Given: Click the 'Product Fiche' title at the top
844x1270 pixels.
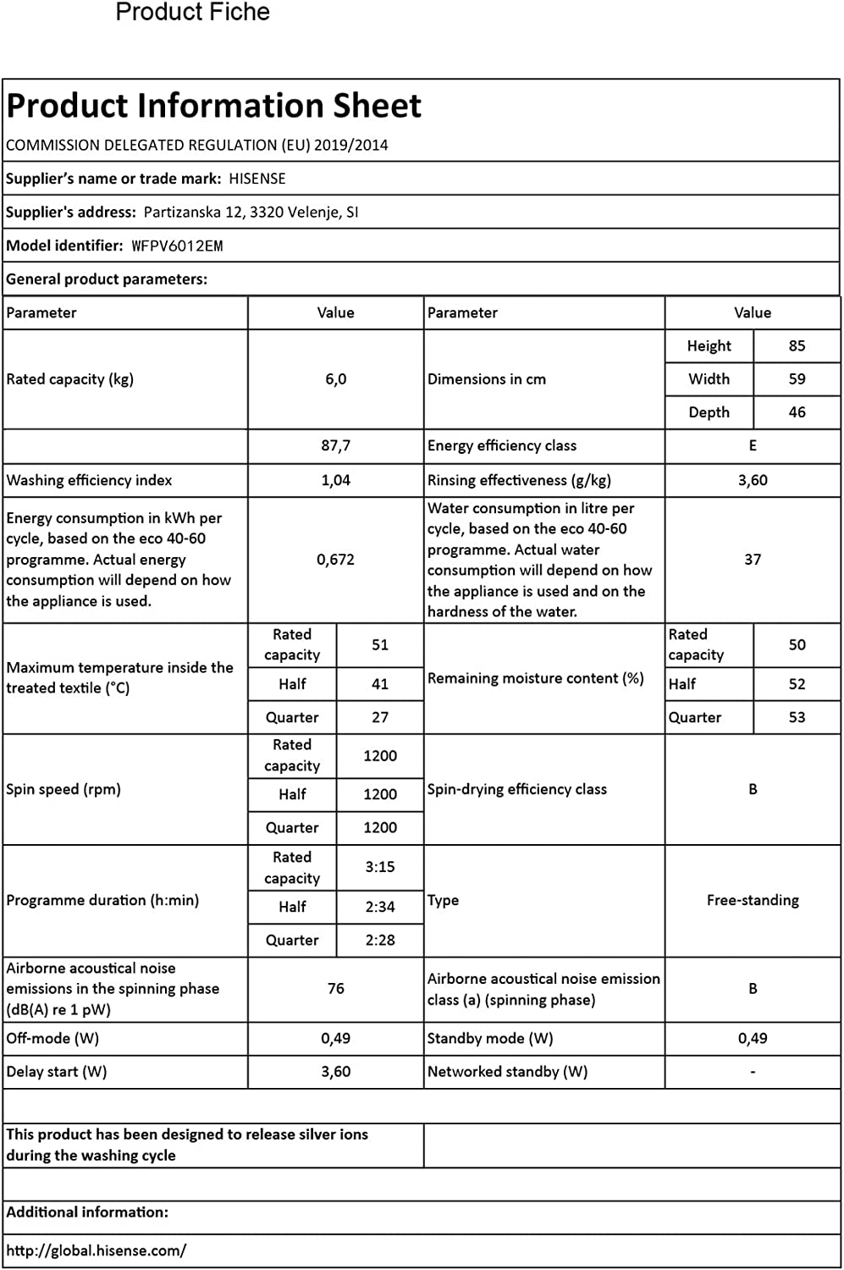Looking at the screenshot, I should [x=192, y=13].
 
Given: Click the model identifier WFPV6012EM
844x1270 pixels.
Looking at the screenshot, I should [x=177, y=246].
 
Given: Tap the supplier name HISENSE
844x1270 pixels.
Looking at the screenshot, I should [x=257, y=179].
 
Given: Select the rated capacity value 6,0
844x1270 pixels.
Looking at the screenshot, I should [x=335, y=379].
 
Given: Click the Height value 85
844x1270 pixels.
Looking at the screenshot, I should [x=797, y=346].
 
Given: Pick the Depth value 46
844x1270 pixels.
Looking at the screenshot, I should [x=797, y=412].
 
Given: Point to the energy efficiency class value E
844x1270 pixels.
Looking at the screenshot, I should [x=753, y=446].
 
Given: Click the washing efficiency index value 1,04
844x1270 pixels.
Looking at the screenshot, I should [x=335, y=480].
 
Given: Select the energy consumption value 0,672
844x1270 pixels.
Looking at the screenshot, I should [x=335, y=560].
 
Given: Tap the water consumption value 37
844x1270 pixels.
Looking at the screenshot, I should [x=753, y=560].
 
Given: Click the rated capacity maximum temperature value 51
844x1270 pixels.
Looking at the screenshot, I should [x=380, y=644].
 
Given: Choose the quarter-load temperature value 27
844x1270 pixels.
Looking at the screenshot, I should [x=380, y=717].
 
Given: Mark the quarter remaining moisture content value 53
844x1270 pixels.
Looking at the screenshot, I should [x=797, y=717].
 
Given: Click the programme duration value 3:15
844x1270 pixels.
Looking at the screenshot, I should [x=380, y=867].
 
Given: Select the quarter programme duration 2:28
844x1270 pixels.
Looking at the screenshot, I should [x=380, y=940].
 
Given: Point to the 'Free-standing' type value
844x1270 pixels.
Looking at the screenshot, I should [x=753, y=900].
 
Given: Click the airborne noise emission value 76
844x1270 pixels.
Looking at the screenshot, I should [x=335, y=988].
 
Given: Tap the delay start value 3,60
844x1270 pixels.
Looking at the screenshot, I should [x=335, y=1072].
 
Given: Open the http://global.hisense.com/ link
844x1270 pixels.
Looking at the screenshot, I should [x=96, y=1251].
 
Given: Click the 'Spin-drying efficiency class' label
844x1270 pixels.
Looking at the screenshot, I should [x=516, y=789].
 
